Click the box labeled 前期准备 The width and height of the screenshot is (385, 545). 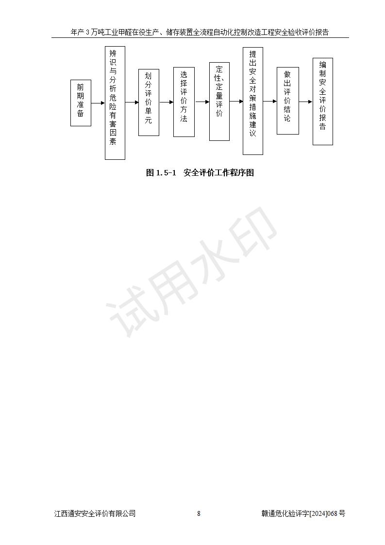point(81,103)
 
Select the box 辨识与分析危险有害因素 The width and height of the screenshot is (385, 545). point(115,103)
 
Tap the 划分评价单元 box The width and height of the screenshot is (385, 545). point(149,102)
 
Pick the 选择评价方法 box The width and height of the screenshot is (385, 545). point(184,102)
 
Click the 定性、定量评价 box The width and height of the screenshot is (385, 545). point(219,102)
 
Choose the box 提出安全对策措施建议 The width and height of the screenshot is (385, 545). point(253,101)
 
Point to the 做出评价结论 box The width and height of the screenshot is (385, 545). point(288,101)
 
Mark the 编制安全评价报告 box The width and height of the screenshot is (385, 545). point(323,102)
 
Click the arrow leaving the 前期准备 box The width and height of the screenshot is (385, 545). point(98,103)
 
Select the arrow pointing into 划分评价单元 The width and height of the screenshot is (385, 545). point(132,102)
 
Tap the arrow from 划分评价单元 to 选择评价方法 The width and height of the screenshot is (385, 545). point(167,102)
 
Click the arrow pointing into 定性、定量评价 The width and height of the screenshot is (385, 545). point(202,102)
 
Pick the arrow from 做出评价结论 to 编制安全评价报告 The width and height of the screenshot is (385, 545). point(306,102)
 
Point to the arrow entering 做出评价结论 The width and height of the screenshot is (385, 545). point(270,101)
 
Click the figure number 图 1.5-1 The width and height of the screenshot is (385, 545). point(162,173)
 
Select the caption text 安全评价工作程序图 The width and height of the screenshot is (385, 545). point(218,173)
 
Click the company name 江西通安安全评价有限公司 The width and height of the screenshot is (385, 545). point(95,514)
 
